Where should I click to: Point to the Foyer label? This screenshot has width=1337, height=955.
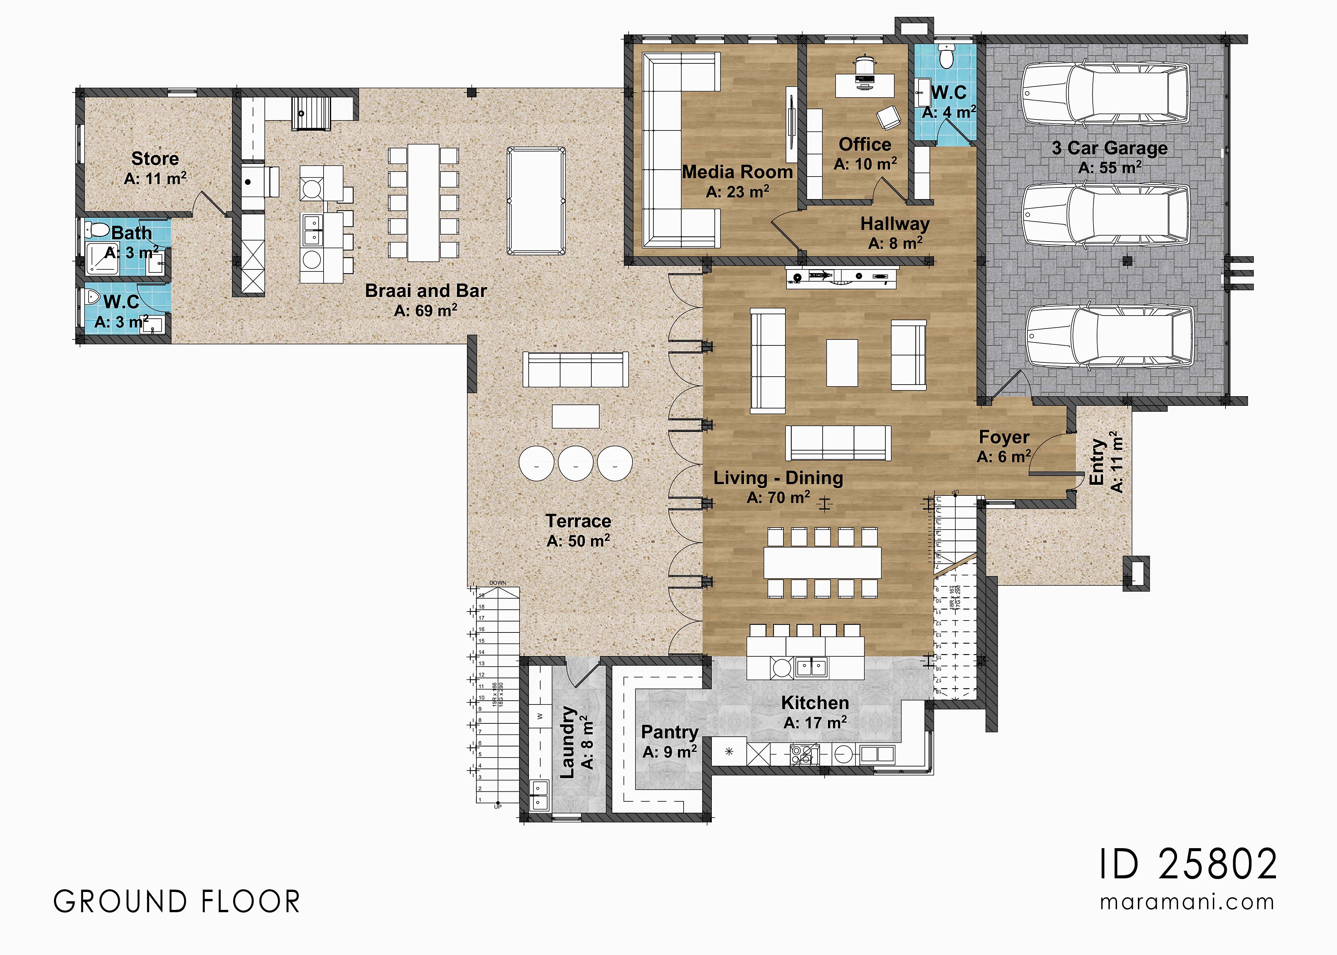(x=1003, y=437)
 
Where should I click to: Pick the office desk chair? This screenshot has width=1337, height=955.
(x=888, y=117)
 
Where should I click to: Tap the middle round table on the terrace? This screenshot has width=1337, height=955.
(x=576, y=463)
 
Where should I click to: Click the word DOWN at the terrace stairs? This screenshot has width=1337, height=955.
(x=497, y=583)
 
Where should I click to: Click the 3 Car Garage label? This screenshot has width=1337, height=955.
(x=1109, y=148)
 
